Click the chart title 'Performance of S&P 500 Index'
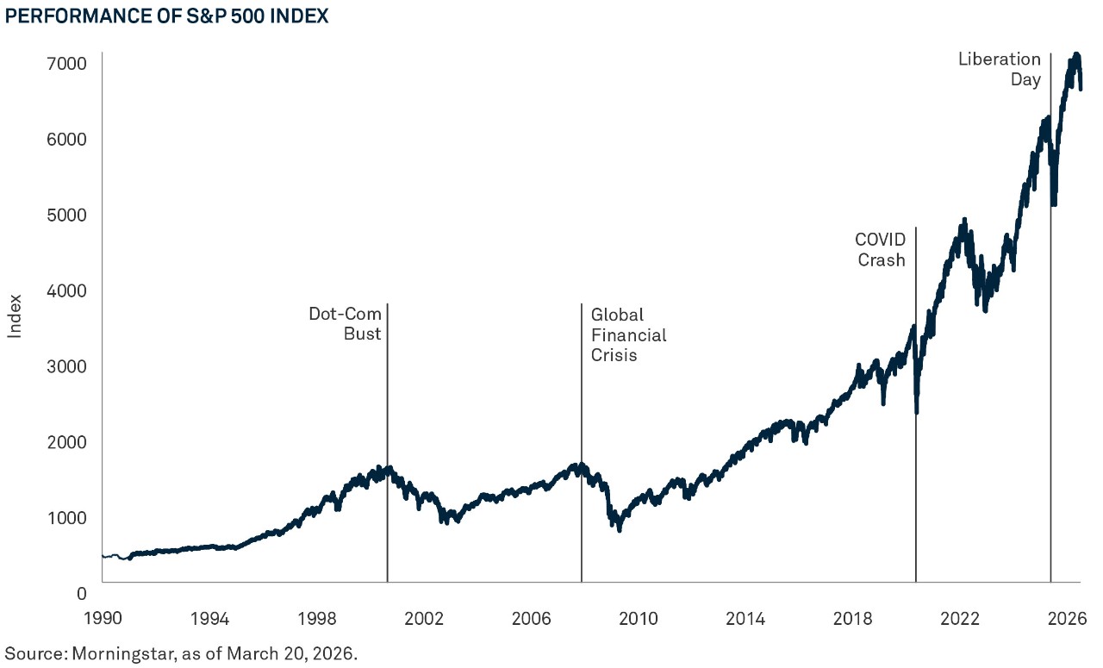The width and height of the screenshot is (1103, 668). [166, 17]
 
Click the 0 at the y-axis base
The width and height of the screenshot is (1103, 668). [82, 593]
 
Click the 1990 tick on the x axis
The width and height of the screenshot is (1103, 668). [102, 618]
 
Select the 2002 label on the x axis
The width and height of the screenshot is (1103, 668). [424, 618]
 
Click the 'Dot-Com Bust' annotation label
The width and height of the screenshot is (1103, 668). [345, 324]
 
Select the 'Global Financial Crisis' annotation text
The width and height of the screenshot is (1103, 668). [628, 335]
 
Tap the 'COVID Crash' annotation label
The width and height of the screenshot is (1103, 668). [880, 249]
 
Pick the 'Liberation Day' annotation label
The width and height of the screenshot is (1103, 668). [1000, 70]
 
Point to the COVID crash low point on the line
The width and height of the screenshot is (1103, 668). [916, 412]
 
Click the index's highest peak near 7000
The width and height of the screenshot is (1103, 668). [1075, 56]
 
